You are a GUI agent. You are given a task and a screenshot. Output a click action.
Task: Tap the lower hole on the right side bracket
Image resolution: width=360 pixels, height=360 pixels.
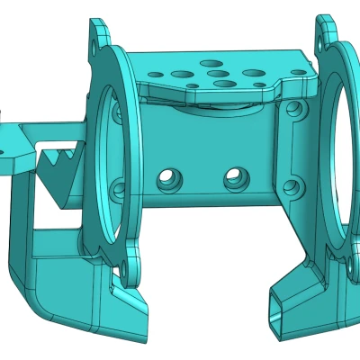click(x=291, y=189)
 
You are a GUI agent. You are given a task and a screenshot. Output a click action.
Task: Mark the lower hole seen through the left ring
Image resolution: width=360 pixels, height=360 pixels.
click(x=115, y=190)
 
